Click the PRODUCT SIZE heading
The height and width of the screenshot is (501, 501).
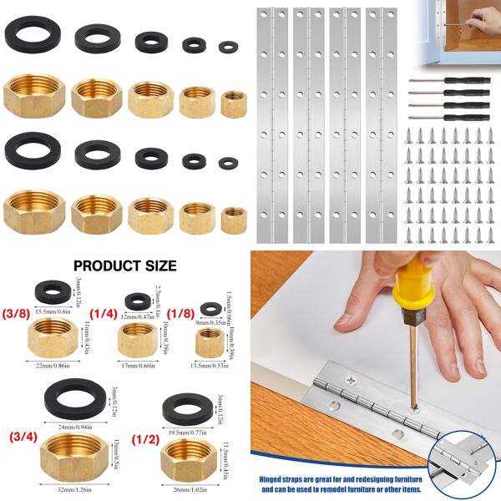[x=125, y=266]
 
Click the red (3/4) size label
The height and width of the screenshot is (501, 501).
[x=23, y=436]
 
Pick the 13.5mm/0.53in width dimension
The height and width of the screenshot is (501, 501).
[x=209, y=363]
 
